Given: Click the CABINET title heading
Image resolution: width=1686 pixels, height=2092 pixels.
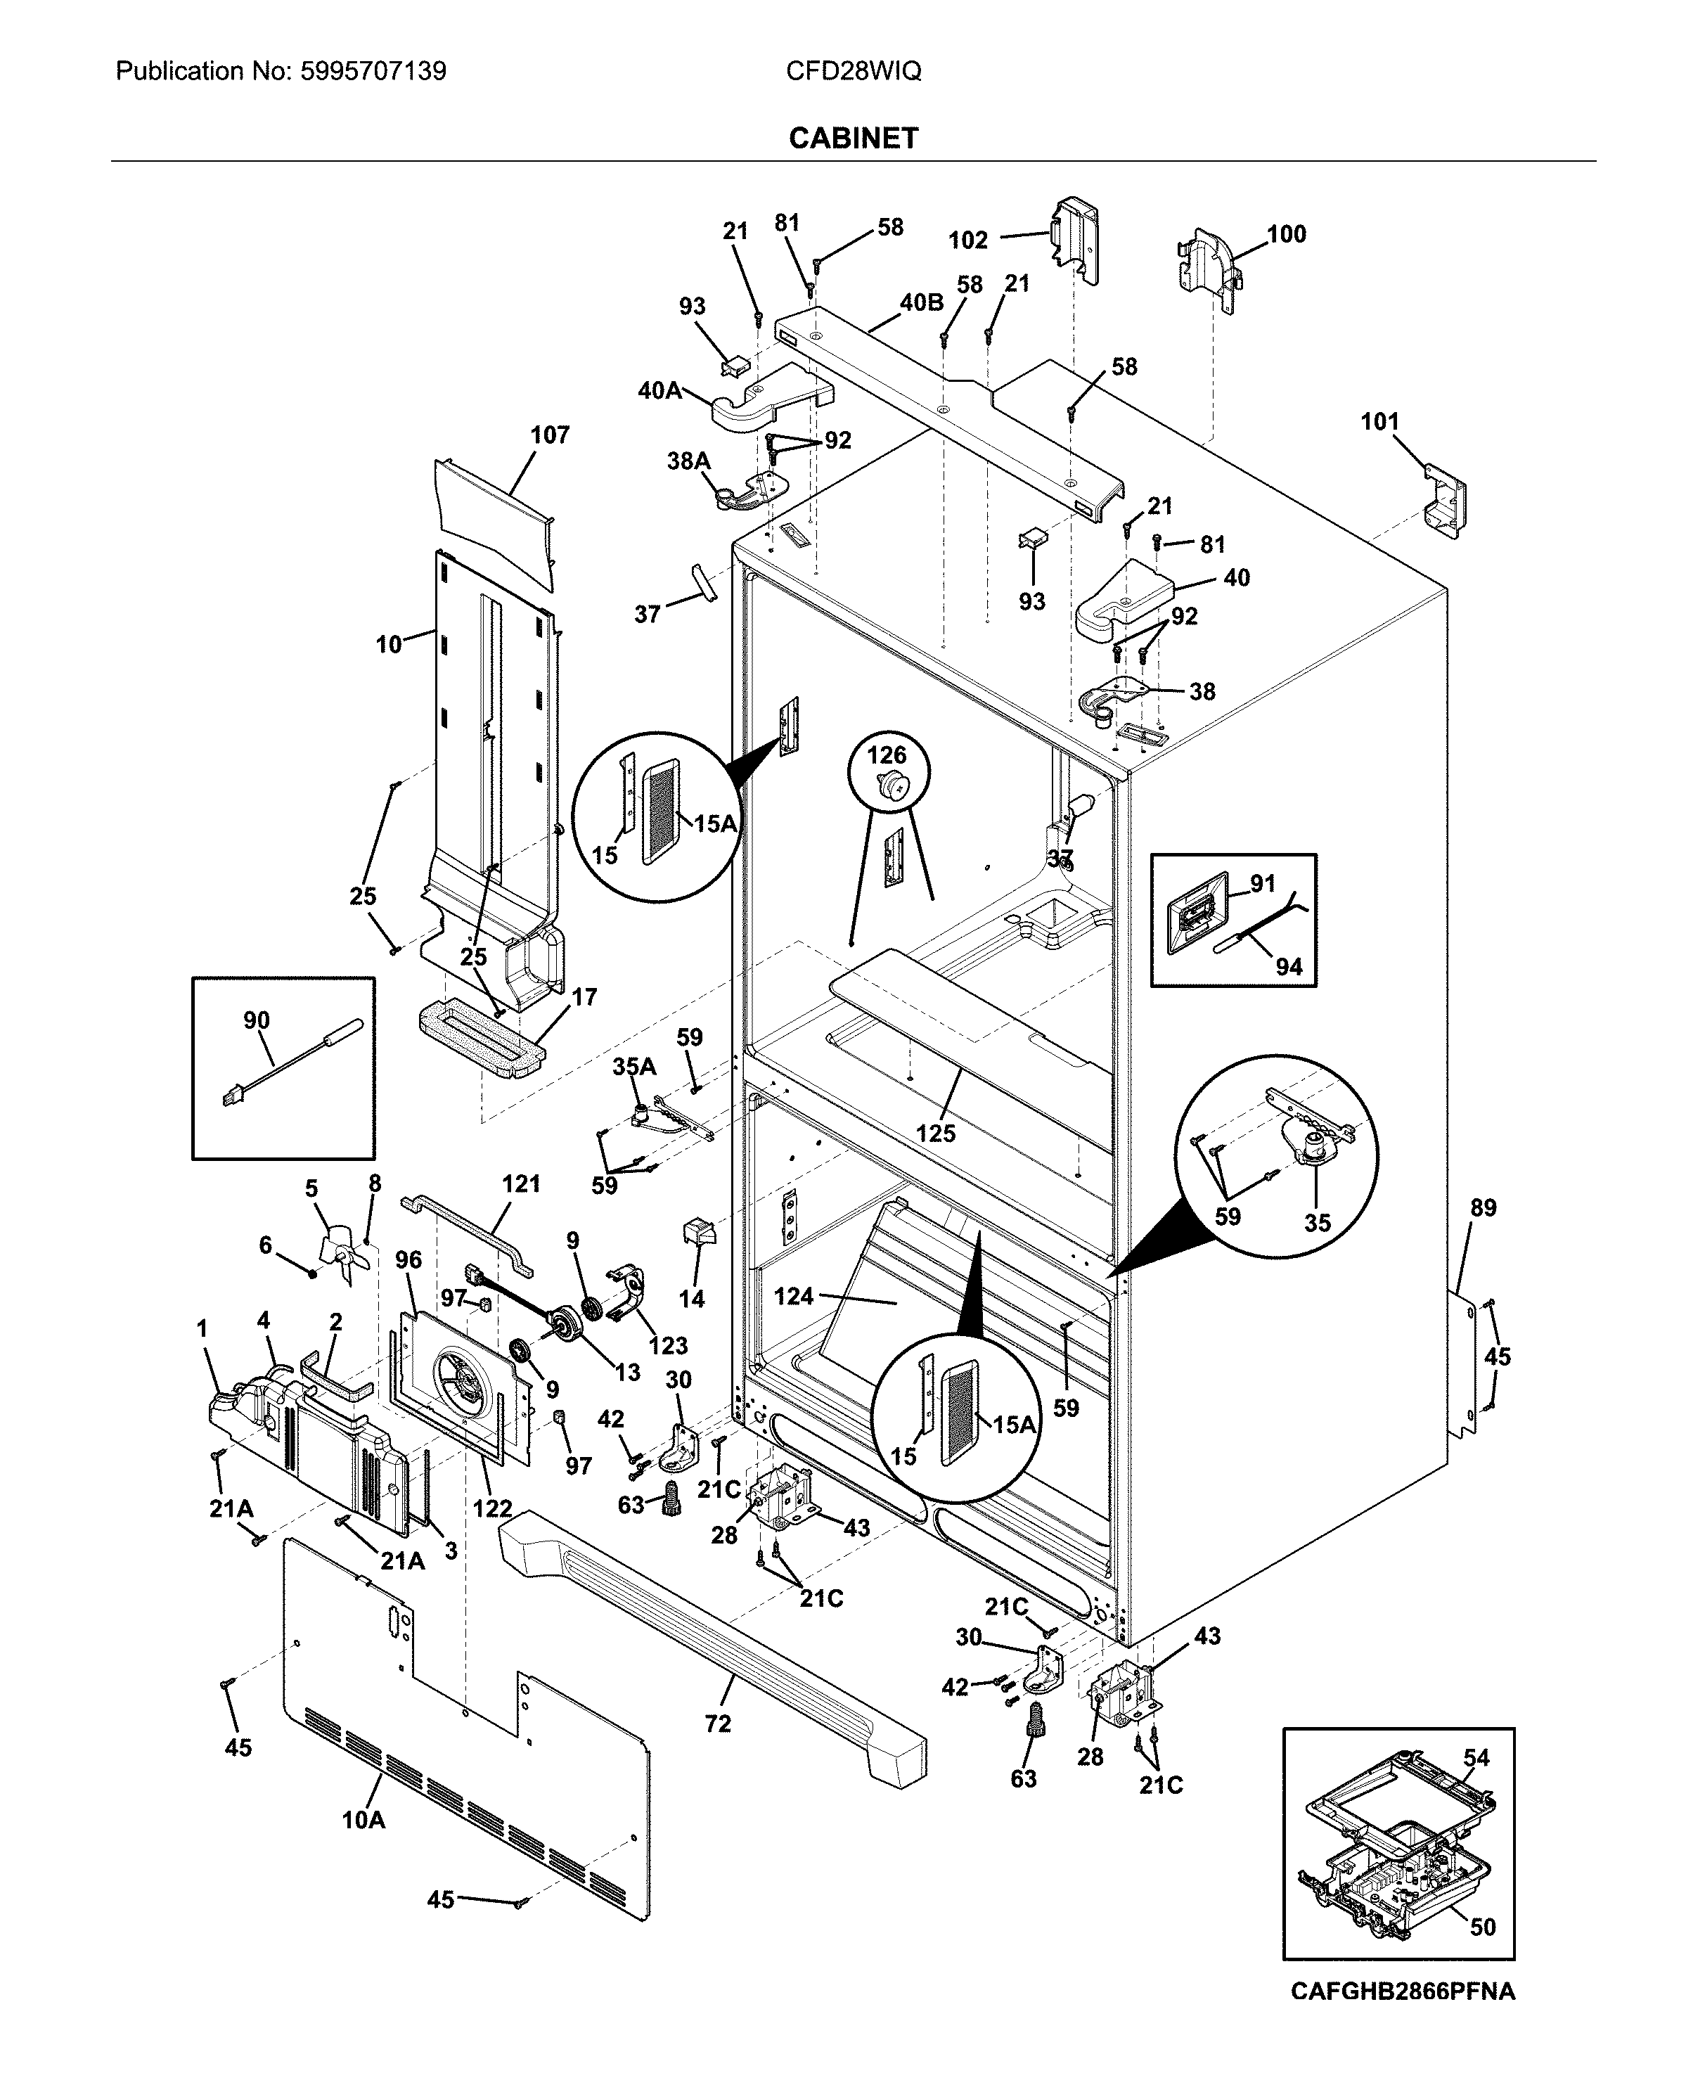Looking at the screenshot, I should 853,139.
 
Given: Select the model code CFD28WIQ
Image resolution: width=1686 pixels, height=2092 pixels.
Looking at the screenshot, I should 853,71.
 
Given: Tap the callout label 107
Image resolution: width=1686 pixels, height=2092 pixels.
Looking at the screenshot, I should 550,435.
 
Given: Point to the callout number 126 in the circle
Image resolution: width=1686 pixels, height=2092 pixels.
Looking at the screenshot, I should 886,755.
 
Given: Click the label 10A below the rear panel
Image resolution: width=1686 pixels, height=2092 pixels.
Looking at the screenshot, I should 363,1820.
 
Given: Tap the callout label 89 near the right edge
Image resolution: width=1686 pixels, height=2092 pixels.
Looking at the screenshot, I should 1483,1208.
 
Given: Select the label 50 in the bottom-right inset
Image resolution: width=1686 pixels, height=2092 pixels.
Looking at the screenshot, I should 1482,1927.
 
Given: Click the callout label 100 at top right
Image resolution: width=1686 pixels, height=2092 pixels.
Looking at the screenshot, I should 1286,234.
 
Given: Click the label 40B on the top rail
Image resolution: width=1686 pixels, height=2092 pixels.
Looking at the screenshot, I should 921,303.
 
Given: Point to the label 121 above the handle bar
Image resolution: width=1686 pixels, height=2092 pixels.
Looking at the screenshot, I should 520,1184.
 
